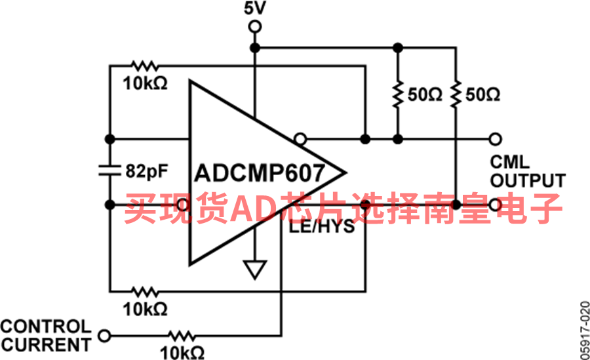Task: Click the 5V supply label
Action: tap(255, 8)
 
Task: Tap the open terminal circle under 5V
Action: tap(255, 27)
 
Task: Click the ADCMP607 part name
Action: tap(259, 173)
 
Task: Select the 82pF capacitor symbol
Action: tap(110, 170)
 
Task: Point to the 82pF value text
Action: tap(147, 171)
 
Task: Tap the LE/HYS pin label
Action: tap(322, 226)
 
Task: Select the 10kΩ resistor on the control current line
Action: tap(182, 335)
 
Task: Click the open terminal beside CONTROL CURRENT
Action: tap(104, 335)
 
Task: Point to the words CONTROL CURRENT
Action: tap(46, 336)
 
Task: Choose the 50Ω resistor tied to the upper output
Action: tap(398, 94)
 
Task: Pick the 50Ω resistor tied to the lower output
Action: tap(456, 94)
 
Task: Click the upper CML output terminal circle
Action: tap(496, 139)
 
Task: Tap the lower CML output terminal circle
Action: tap(496, 205)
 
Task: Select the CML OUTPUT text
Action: tap(528, 171)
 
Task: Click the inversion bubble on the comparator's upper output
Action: tap(300, 140)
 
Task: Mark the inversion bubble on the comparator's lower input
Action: tap(183, 205)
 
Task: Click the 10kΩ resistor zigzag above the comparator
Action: tap(146, 66)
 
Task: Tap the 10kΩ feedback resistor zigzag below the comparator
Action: tap(146, 291)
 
